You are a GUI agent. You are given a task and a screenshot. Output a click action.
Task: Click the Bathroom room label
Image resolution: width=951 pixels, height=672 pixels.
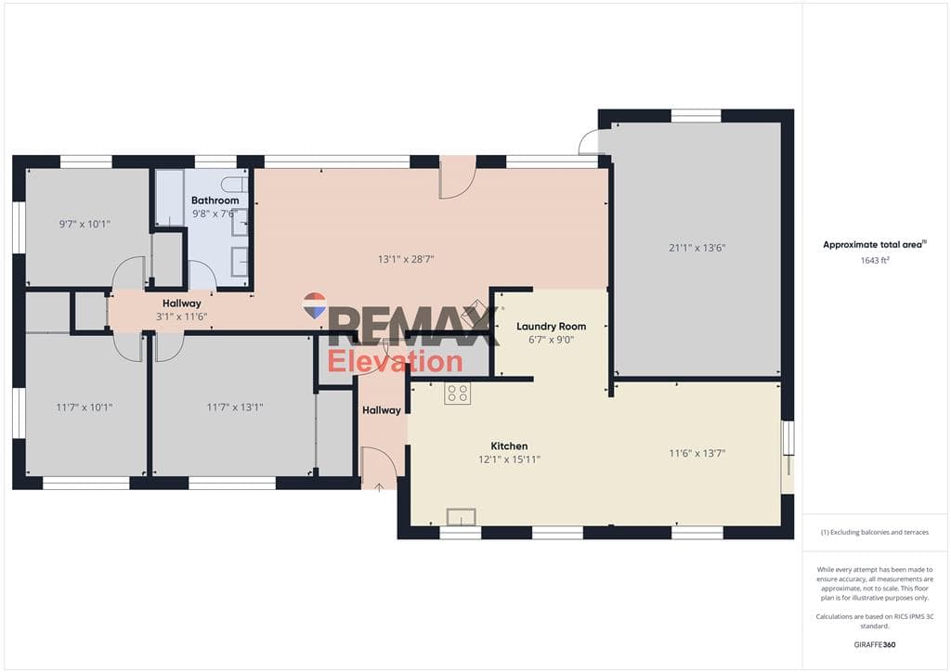click(215, 200)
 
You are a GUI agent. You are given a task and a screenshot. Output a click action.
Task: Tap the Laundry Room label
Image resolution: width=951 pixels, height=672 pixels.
click(552, 326)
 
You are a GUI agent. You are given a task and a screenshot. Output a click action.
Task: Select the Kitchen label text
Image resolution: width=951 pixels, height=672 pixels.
click(509, 446)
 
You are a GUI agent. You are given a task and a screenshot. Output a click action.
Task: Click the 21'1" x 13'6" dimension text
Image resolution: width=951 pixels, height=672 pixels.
click(697, 247)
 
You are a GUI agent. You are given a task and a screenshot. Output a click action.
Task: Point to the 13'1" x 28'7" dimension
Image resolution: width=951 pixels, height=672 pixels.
click(406, 259)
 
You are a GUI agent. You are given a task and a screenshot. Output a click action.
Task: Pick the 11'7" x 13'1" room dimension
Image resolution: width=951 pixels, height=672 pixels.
click(235, 407)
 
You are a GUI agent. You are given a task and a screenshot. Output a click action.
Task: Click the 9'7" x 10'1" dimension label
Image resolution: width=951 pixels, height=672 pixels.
click(85, 225)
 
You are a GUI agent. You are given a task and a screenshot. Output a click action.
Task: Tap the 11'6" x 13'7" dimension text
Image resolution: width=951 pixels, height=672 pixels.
click(697, 453)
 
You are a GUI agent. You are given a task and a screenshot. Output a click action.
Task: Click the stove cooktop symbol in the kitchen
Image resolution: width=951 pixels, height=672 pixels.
click(457, 394)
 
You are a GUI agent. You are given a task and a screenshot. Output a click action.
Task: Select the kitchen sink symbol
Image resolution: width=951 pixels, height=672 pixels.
click(461, 517)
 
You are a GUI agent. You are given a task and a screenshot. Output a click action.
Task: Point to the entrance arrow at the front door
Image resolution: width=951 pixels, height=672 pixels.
click(379, 487)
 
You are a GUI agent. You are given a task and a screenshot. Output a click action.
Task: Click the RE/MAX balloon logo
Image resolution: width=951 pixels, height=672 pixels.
click(315, 305)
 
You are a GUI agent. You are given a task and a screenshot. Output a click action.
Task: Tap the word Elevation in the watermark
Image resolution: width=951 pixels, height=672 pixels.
click(395, 362)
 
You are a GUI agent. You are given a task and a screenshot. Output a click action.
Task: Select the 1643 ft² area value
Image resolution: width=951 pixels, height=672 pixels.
click(875, 261)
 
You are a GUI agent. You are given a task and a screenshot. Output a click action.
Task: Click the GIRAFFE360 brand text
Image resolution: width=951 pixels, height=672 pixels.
click(875, 645)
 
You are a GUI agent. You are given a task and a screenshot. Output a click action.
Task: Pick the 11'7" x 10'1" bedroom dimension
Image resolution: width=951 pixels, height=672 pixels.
click(85, 407)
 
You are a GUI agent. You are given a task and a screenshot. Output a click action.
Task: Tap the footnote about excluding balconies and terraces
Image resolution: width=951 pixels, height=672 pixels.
click(875, 533)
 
